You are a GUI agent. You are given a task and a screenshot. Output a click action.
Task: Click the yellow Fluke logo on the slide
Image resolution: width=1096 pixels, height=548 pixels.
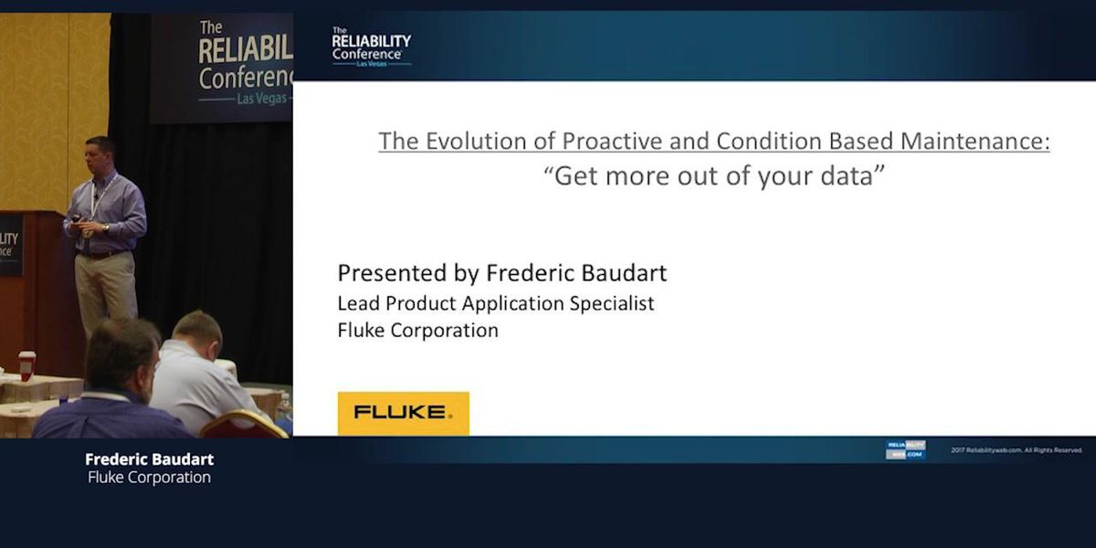(x=403, y=413)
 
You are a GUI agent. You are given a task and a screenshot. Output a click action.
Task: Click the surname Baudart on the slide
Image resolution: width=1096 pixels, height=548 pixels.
(x=626, y=273)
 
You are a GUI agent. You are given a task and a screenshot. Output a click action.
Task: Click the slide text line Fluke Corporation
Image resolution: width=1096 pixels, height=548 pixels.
(x=418, y=331)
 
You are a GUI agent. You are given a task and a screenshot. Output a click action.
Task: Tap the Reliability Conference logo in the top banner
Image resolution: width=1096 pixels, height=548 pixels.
(x=371, y=46)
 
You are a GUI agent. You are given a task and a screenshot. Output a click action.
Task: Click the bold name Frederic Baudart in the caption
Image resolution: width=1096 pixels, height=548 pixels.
(x=149, y=459)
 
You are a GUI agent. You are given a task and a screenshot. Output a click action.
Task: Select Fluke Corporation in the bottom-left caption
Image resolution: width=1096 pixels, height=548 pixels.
(x=149, y=478)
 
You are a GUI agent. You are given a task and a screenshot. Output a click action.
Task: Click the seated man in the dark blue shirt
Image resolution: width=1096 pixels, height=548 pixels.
(x=110, y=393)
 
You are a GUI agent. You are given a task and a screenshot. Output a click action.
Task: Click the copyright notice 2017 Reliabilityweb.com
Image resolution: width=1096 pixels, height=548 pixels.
(x=1016, y=449)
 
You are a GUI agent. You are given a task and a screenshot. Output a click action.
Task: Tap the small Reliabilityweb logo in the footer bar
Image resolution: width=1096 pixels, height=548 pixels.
(x=904, y=449)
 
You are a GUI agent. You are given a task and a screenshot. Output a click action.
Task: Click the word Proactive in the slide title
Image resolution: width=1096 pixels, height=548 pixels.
(x=618, y=142)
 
